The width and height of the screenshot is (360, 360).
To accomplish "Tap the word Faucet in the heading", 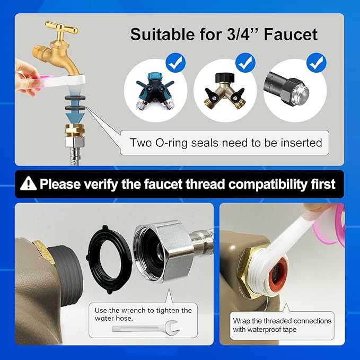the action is pos(291,34).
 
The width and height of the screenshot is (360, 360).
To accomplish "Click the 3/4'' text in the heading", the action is pos(242,34).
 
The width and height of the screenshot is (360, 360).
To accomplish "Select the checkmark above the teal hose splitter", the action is pos(175,63).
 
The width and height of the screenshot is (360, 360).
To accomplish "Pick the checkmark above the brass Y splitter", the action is pos(245,63).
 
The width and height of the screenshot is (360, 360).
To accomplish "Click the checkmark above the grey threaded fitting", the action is pos(317,63).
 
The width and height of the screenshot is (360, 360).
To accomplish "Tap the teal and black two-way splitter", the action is pos(155,90).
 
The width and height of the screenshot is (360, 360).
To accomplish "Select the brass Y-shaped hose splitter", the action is pos(225,91).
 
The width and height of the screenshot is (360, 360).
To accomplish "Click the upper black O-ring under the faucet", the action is pos(75,98).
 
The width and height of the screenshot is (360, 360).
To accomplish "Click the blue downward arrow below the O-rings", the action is pos(75,116).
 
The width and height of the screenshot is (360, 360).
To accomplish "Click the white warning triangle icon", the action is pos(28,183).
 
